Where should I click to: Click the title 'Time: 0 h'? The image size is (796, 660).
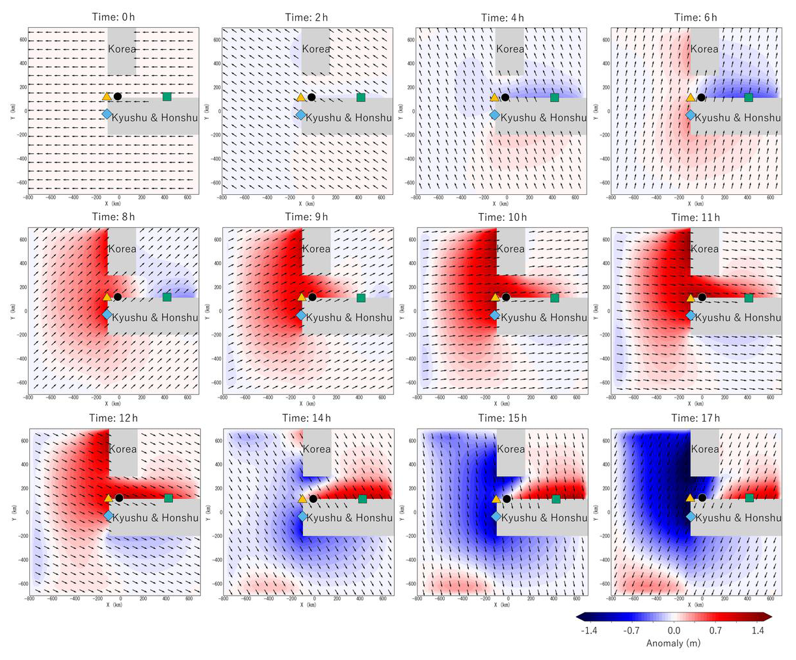[113, 18]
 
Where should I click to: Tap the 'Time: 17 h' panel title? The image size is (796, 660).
[695, 418]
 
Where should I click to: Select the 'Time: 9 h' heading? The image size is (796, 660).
[307, 217]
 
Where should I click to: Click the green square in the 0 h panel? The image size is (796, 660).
[166, 97]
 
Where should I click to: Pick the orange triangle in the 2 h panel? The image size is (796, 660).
[300, 97]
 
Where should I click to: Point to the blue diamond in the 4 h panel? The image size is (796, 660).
[494, 115]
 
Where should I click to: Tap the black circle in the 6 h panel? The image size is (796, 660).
[701, 97]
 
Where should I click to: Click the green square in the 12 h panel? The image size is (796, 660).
[168, 498]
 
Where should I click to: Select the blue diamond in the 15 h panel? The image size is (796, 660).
[496, 516]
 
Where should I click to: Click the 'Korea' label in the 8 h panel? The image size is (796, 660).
[122, 249]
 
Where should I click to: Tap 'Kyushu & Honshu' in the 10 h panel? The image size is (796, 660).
[543, 318]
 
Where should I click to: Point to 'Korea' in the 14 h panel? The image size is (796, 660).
[317, 449]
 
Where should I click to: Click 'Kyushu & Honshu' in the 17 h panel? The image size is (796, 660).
[737, 518]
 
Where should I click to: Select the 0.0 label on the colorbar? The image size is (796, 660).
[674, 630]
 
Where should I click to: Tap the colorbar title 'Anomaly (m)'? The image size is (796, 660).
[674, 643]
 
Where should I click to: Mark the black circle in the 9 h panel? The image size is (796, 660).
[312, 298]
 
